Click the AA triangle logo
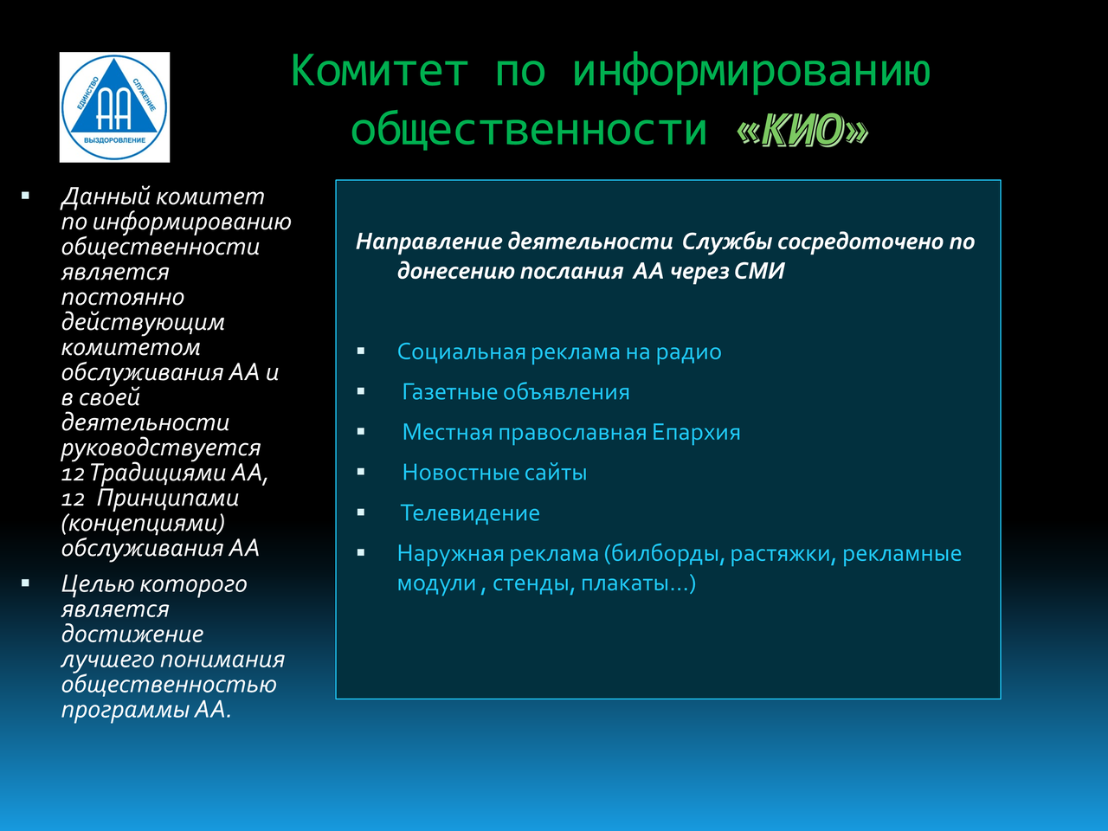(x=114, y=107)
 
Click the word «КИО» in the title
(x=802, y=130)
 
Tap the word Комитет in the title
(x=379, y=71)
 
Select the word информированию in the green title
(x=751, y=74)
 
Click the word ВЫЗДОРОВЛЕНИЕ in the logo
(x=114, y=140)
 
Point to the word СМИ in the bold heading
(x=759, y=272)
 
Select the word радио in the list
(x=688, y=352)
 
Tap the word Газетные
(x=449, y=392)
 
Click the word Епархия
(x=696, y=433)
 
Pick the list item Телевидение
(x=470, y=513)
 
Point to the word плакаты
(x=634, y=583)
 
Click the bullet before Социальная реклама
(x=361, y=351)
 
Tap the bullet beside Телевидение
(x=361, y=512)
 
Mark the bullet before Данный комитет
(x=25, y=196)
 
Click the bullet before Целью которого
(x=25, y=583)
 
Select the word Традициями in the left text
(x=158, y=473)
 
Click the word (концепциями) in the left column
(x=143, y=524)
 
